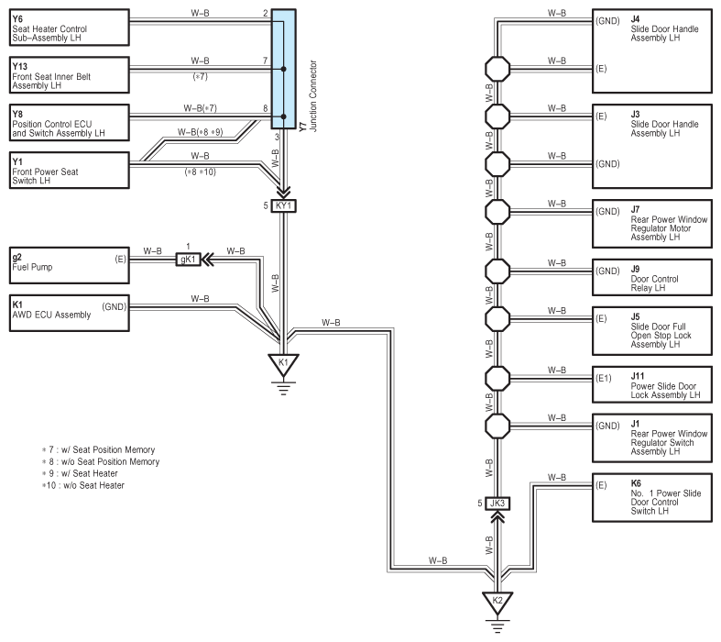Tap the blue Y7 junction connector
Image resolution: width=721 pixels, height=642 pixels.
pyautogui.click(x=284, y=69)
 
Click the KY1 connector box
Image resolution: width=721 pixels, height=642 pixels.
pyautogui.click(x=284, y=205)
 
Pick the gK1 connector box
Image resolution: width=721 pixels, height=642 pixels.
pyautogui.click(x=188, y=260)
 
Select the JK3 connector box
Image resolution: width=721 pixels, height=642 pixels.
pyautogui.click(x=497, y=504)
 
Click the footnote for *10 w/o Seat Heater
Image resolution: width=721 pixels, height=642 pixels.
pyautogui.click(x=83, y=485)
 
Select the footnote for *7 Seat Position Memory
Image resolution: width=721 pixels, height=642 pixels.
pyautogui.click(x=98, y=449)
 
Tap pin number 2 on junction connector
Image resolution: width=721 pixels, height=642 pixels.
pyautogui.click(x=266, y=14)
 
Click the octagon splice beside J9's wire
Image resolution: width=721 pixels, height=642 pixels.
pyautogui.click(x=497, y=271)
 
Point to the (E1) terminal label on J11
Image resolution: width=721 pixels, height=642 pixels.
pyautogui.click(x=604, y=378)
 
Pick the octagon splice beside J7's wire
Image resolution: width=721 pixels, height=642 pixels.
pyautogui.click(x=497, y=212)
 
